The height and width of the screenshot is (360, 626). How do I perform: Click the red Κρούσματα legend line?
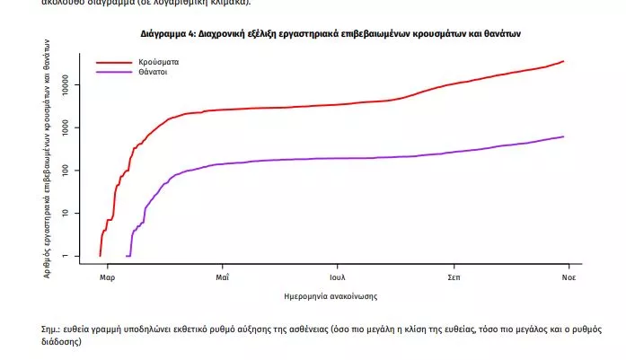point(114,63)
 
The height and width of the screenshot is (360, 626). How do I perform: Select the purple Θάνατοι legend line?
point(114,72)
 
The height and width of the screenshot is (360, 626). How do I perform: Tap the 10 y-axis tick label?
point(77,213)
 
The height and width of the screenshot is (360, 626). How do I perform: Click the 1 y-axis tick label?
point(77,256)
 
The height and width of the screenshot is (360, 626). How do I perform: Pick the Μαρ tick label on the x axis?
point(107,277)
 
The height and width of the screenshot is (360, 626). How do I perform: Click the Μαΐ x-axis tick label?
point(223,277)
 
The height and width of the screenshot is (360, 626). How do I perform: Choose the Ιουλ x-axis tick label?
point(338,277)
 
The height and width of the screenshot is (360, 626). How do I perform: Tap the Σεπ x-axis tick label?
point(454,277)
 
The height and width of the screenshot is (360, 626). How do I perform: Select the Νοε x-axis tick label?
point(569,277)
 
